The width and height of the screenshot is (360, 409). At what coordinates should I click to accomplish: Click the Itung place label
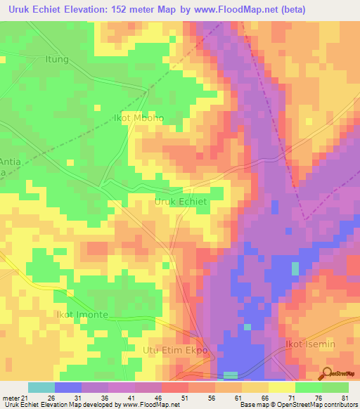tap(57, 59)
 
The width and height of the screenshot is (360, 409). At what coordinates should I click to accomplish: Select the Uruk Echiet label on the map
tap(180, 202)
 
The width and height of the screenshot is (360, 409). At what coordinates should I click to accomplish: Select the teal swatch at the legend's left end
tap(41, 387)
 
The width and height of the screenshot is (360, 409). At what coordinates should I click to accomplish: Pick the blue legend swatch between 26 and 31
tap(67, 387)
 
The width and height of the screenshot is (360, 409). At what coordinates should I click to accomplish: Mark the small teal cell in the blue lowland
tap(295, 268)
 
